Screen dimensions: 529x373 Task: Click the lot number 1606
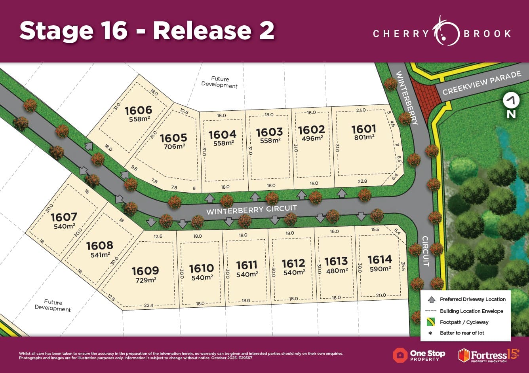(139, 110)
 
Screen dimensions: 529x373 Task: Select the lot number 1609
(145, 271)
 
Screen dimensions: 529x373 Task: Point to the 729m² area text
(146, 280)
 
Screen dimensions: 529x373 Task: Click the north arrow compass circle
(511, 100)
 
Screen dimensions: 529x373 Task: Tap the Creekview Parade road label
(482, 83)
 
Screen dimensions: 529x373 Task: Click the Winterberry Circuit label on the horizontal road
(251, 210)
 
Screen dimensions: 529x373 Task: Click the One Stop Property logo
(419, 355)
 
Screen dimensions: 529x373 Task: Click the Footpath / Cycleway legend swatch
(431, 322)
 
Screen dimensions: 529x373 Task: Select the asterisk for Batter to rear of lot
(430, 333)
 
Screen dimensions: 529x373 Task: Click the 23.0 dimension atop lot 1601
(361, 110)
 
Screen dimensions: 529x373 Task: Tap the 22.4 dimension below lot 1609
(148, 305)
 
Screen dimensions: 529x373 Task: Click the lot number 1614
(380, 259)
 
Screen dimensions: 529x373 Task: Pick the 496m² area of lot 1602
(312, 138)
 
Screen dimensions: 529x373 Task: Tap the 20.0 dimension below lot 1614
(381, 295)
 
